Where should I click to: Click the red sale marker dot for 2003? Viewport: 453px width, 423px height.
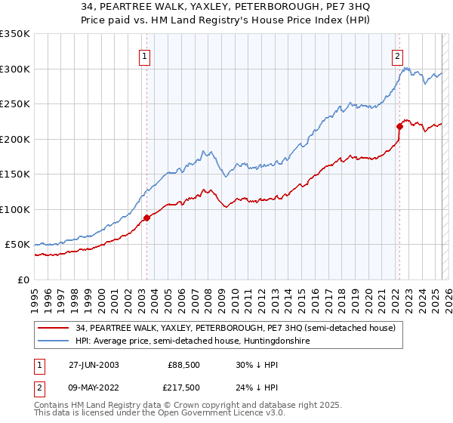point(146,218)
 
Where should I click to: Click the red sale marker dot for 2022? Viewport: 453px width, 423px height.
point(399,126)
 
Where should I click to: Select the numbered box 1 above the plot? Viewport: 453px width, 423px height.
point(143,54)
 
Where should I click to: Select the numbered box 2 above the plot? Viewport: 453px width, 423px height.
point(397,54)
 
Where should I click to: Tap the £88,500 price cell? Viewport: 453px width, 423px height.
point(184,364)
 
